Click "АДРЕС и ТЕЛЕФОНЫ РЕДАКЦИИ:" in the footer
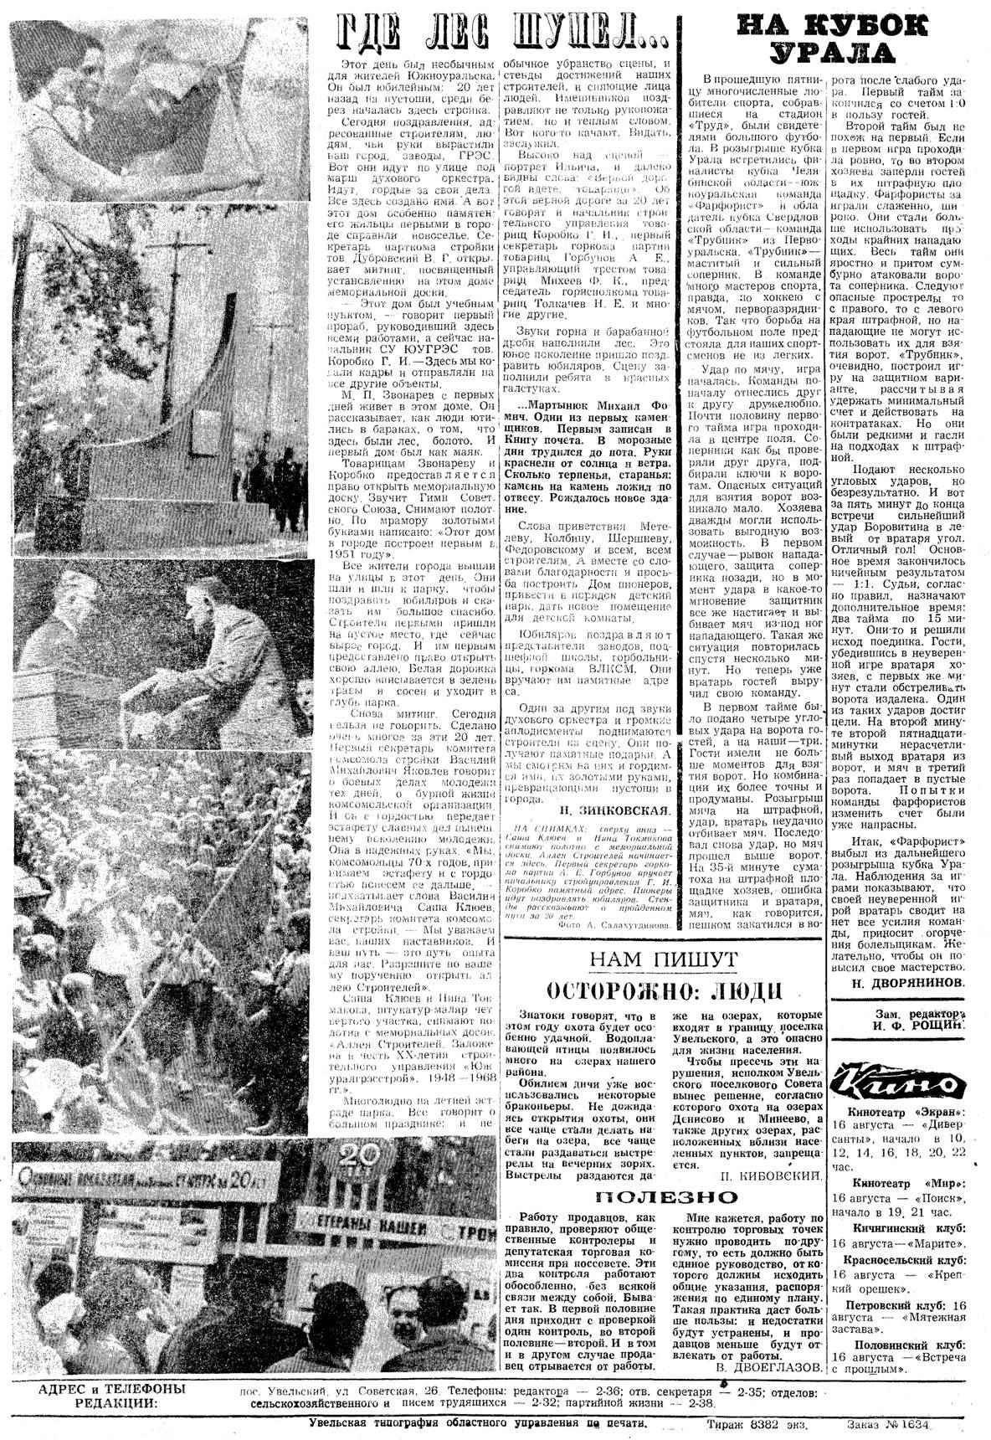[x=113, y=1393]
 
